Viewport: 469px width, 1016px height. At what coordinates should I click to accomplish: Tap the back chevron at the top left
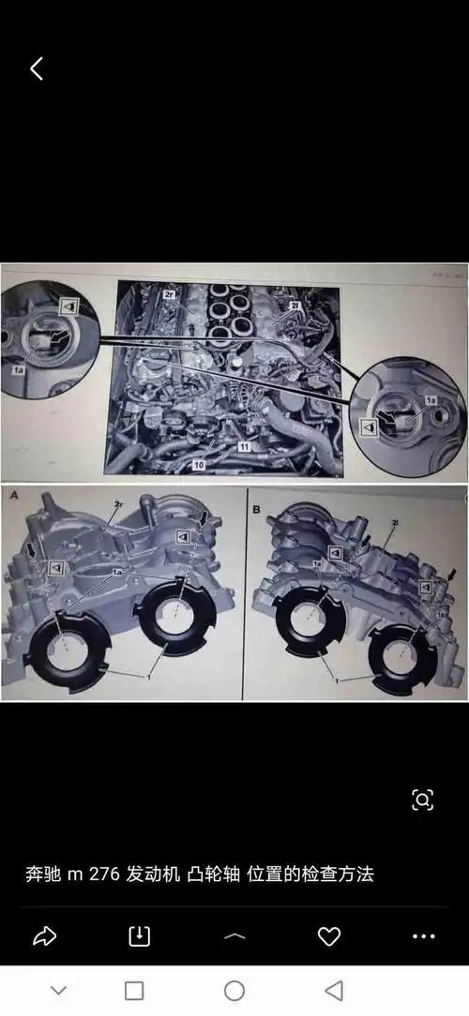tap(37, 68)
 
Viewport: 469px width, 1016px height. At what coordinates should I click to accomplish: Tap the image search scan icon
tap(422, 799)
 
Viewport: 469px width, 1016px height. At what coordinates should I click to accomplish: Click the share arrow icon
tap(44, 935)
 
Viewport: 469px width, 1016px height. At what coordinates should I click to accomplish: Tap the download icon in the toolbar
tap(139, 935)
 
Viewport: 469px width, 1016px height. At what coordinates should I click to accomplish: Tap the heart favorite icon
tap(328, 935)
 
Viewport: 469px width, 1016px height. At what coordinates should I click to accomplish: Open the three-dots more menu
tap(424, 935)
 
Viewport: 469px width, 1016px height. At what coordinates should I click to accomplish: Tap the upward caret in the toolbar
tap(234, 935)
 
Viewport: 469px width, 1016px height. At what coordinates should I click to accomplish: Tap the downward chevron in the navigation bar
tap(58, 991)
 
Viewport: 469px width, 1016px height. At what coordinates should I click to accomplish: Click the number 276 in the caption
tap(105, 874)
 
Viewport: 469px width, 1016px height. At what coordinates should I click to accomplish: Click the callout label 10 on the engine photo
tap(199, 464)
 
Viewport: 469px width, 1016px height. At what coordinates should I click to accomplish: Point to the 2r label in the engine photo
tap(170, 294)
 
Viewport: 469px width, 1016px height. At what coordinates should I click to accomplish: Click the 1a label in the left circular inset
tap(18, 371)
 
